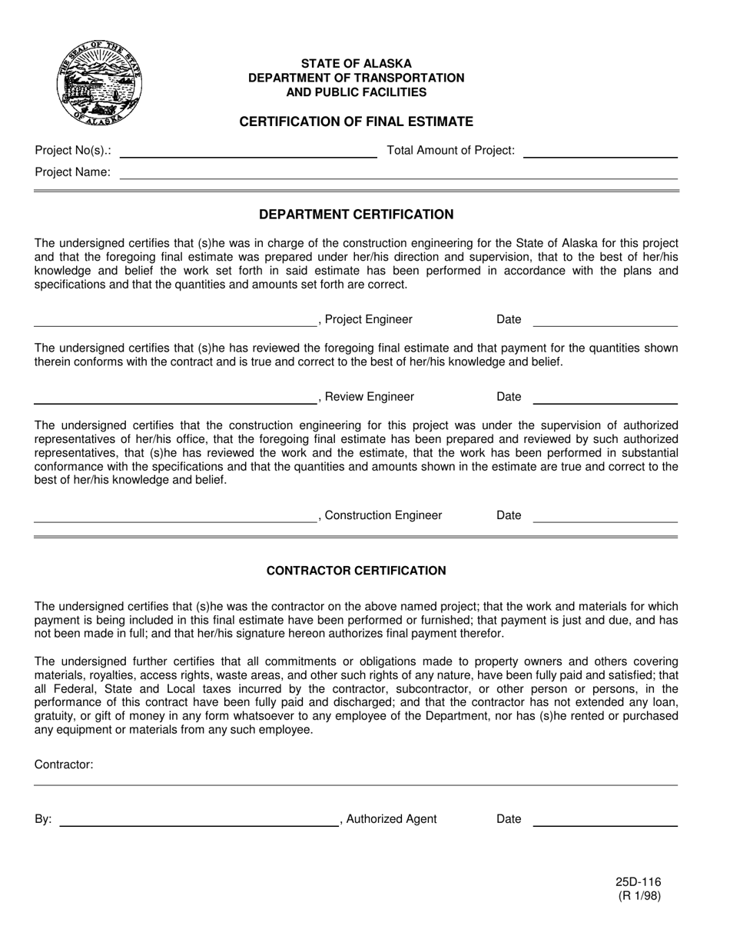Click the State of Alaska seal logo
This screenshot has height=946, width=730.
[99, 83]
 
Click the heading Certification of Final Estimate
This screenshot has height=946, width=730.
[356, 122]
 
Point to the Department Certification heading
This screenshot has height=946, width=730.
[356, 215]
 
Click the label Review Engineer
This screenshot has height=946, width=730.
[369, 397]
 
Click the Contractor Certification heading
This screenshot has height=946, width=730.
[356, 571]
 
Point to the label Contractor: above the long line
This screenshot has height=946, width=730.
[64, 764]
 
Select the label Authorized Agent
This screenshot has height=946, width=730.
[391, 819]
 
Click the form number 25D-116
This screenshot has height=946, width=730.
[638, 883]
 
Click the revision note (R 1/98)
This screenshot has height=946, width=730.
[638, 895]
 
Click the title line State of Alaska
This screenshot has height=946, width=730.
[356, 64]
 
